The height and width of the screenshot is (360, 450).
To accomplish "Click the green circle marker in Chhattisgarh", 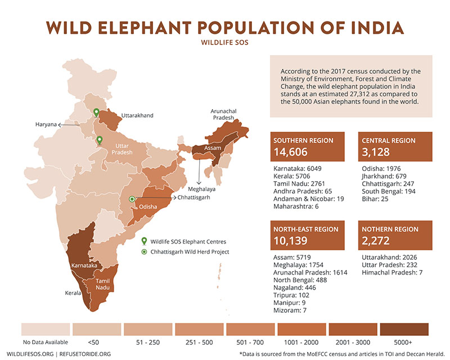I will click(132, 199).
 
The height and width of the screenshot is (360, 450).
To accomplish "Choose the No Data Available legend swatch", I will click(46, 328).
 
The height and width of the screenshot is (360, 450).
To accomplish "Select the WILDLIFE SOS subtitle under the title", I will click(225, 42).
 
